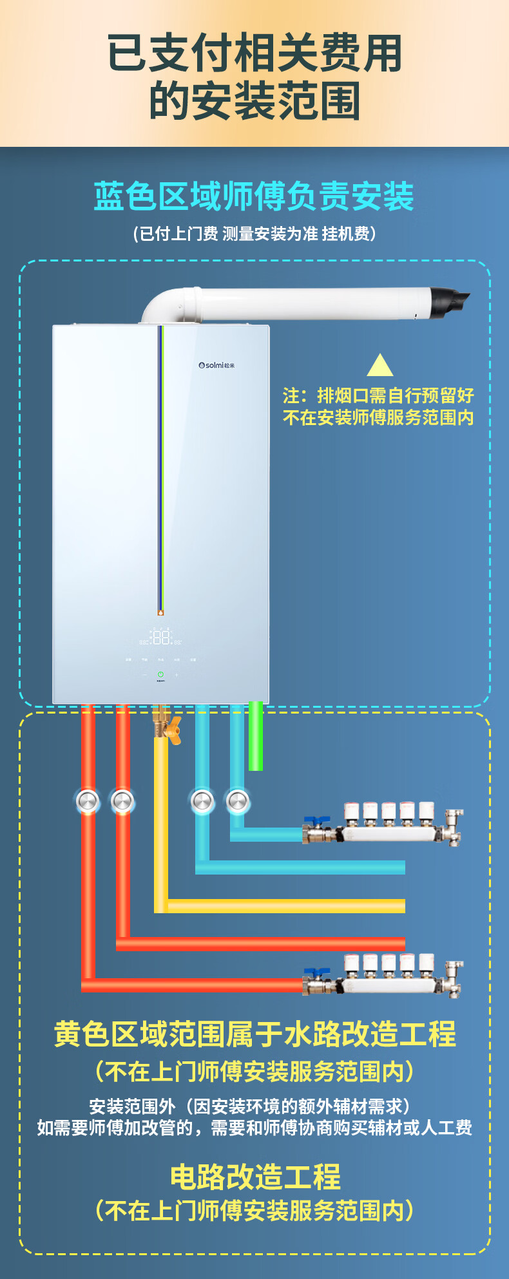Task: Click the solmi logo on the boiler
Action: click(x=216, y=365)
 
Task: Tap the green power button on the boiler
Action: click(x=160, y=674)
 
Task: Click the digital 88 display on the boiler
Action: click(x=161, y=638)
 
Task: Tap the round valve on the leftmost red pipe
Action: click(x=88, y=801)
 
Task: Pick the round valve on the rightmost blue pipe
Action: click(x=237, y=801)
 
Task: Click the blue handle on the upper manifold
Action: click(x=317, y=822)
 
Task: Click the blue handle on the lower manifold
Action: click(x=317, y=972)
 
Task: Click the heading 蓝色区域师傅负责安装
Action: click(x=254, y=196)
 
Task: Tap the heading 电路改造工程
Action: click(x=255, y=1178)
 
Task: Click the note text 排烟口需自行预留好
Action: click(x=378, y=395)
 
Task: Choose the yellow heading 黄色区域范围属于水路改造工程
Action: click(x=254, y=1034)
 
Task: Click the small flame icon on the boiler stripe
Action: click(x=161, y=612)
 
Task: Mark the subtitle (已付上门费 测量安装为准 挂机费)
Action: click(x=254, y=233)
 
